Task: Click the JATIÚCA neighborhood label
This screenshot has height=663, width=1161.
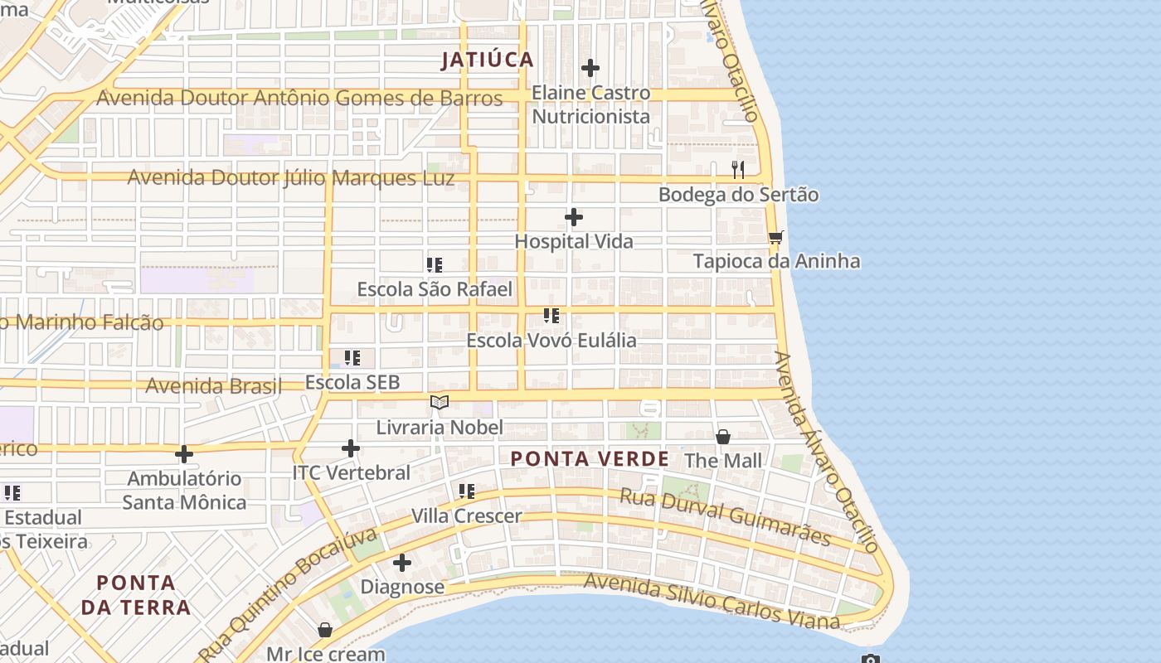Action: click(x=488, y=60)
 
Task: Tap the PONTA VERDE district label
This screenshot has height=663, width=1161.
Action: click(x=590, y=459)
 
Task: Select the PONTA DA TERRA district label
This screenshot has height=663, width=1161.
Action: click(x=136, y=595)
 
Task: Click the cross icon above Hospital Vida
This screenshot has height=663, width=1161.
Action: click(x=574, y=217)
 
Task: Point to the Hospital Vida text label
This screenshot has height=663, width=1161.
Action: click(x=574, y=241)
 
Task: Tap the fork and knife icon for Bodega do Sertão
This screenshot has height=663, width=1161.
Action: click(x=738, y=170)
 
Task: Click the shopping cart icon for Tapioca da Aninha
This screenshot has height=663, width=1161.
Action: click(x=776, y=238)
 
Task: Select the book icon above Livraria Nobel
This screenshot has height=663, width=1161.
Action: click(x=440, y=403)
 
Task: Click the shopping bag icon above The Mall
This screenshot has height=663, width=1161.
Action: click(x=723, y=437)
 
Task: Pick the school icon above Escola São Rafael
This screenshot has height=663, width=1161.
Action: click(x=435, y=265)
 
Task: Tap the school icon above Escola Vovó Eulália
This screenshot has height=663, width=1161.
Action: click(x=551, y=316)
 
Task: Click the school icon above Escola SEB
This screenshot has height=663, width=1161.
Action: click(x=352, y=358)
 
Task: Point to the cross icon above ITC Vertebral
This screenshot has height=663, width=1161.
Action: click(x=351, y=448)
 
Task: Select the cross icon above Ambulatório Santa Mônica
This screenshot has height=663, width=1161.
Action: click(x=184, y=453)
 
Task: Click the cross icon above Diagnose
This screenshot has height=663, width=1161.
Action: click(x=402, y=563)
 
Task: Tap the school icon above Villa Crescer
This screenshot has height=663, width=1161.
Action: click(x=467, y=491)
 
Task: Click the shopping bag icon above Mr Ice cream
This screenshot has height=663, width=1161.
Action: click(x=325, y=630)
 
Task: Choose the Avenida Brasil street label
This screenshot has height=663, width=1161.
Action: click(x=213, y=385)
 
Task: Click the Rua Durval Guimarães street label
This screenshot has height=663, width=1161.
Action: click(x=726, y=516)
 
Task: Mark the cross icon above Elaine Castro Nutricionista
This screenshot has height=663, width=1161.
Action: click(x=590, y=67)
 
